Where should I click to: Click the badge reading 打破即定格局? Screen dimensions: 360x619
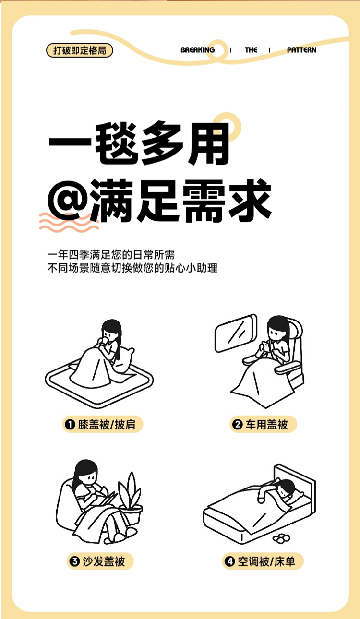point(80,50)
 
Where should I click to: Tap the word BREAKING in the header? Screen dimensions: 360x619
point(198,50)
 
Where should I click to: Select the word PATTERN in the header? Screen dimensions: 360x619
point(301,50)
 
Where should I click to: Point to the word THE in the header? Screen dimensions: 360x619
point(251,50)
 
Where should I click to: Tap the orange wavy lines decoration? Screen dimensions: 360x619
point(69,222)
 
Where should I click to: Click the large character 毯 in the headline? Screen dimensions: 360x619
point(117,143)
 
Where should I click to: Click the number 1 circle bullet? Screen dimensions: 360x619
point(70,425)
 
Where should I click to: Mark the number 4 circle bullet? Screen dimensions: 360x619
point(229,561)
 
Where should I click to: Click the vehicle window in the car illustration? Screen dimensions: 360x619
point(236,333)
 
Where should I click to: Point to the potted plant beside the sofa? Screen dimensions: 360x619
point(131,498)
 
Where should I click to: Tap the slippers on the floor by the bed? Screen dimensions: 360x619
point(281,538)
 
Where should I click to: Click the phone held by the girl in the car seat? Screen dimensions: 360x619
point(265,345)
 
